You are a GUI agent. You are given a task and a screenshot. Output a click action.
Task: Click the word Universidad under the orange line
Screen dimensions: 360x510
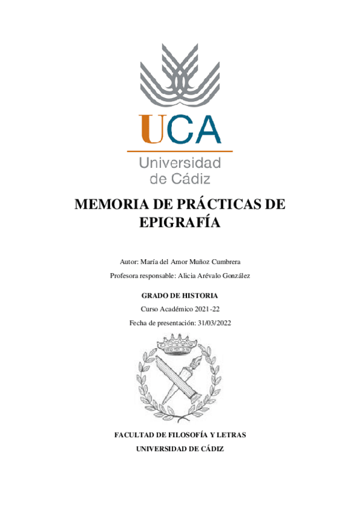[x=180, y=162]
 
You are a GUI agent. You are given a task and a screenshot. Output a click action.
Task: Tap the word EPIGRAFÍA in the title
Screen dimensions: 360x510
[x=180, y=222]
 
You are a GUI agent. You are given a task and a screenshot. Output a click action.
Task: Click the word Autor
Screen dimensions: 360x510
[x=129, y=262]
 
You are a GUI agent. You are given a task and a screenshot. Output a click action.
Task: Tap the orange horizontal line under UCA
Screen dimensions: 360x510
[x=180, y=151]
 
